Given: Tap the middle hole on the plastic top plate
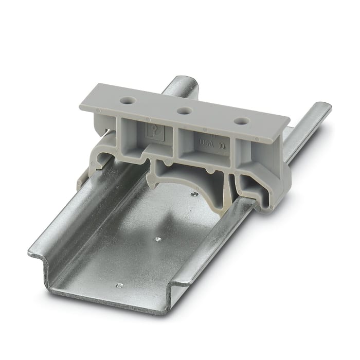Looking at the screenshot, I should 183,110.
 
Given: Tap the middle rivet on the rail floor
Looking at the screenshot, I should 157,239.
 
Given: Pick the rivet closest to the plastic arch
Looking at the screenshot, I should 193,194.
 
